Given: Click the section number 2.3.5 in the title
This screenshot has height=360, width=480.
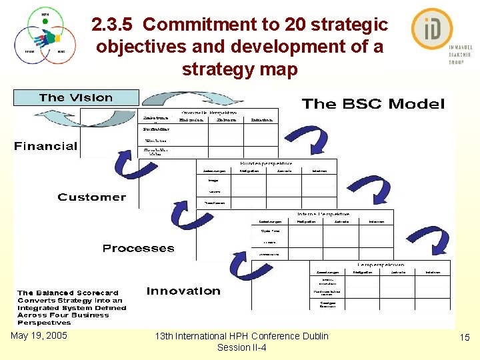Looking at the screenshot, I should point(114,25).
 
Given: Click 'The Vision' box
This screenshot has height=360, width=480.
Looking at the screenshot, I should point(76,98).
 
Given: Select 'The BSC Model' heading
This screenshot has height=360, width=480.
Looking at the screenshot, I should point(373,104).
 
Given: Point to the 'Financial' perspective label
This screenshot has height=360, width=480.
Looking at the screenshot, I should point(46,146).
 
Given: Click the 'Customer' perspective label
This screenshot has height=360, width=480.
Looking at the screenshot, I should point(91,197).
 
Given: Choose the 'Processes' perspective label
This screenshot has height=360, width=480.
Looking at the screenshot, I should point(138,249).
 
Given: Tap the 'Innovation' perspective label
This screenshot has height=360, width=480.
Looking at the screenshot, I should point(183,291).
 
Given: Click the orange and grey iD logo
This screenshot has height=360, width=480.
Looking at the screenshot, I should point(432,29).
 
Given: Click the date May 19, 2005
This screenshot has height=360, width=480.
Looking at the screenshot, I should point(39,335).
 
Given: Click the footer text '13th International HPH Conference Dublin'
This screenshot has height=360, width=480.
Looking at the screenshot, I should point(241,336).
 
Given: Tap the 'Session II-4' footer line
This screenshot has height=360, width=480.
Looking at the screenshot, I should point(241,347).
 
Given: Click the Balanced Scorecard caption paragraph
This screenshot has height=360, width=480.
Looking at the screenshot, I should point(71,307).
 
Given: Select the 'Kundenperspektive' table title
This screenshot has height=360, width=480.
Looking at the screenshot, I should point(266,163).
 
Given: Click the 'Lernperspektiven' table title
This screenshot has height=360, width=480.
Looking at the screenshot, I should point(389,265).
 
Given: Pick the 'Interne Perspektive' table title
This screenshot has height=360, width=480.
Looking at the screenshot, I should point(324,214).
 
